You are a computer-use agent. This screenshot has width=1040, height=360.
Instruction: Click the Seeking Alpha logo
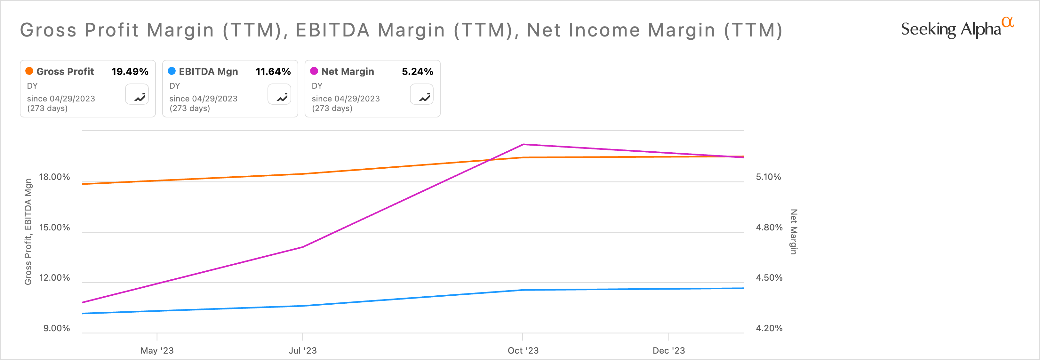click(957, 28)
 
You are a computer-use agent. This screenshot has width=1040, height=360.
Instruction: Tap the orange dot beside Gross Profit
click(29, 71)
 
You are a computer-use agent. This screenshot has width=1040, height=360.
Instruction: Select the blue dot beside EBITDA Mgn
click(172, 71)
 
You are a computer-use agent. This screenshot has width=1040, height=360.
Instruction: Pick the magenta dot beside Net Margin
click(314, 71)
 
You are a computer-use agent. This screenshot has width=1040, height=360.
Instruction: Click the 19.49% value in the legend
click(130, 71)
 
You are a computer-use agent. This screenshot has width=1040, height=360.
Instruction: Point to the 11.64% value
click(273, 71)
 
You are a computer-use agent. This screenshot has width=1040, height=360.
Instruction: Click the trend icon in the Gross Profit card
click(137, 94)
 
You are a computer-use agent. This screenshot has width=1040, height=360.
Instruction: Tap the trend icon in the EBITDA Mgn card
click(279, 94)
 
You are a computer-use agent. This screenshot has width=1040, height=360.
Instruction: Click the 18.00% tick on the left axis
click(54, 177)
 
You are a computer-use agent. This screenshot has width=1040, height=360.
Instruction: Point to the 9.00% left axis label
click(57, 328)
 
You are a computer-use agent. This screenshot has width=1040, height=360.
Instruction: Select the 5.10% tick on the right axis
click(768, 177)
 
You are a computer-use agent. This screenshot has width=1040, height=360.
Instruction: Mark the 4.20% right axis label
click(769, 328)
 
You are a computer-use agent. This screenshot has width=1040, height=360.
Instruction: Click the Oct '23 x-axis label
click(523, 350)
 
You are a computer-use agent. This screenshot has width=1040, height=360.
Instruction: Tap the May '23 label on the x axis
click(157, 350)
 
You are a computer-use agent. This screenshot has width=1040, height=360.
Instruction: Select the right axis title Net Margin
click(793, 232)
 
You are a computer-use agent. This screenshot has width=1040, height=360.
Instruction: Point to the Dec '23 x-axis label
click(668, 350)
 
